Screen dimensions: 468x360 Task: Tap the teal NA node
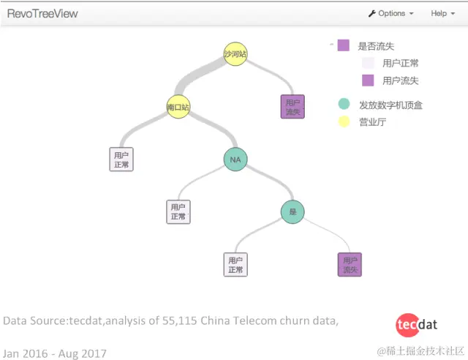tap(235, 160)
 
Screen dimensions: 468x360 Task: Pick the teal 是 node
tap(292, 212)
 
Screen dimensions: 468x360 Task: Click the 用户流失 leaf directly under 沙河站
tap(292, 107)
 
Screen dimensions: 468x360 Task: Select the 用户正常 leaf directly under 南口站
tap(121, 159)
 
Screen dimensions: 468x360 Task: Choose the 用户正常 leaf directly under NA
tap(178, 211)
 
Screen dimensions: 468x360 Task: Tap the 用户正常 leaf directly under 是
tap(235, 264)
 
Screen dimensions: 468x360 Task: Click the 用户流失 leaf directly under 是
tap(350, 264)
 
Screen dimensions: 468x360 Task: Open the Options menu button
tap(390, 13)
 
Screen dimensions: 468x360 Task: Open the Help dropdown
tap(442, 13)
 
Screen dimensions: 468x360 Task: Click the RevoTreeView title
tap(42, 13)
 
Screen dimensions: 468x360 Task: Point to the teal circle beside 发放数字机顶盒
tap(344, 105)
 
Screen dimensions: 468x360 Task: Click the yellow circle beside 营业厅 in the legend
tap(344, 121)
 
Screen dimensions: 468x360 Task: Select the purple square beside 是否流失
tap(343, 45)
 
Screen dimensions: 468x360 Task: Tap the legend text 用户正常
tap(400, 63)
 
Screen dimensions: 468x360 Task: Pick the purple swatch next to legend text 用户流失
tap(368, 80)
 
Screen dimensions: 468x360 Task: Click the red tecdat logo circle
tap(406, 324)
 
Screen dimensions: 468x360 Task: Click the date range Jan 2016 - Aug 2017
tap(55, 353)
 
